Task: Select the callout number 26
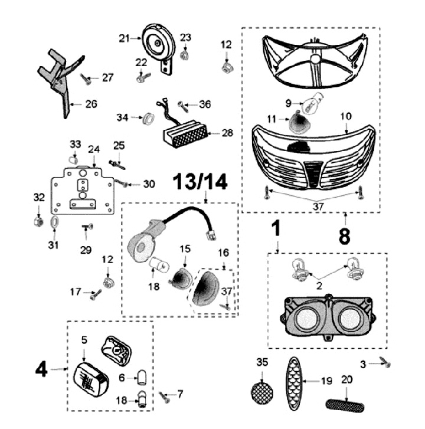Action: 91,106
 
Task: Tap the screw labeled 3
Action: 387,364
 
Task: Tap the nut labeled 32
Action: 37,222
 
